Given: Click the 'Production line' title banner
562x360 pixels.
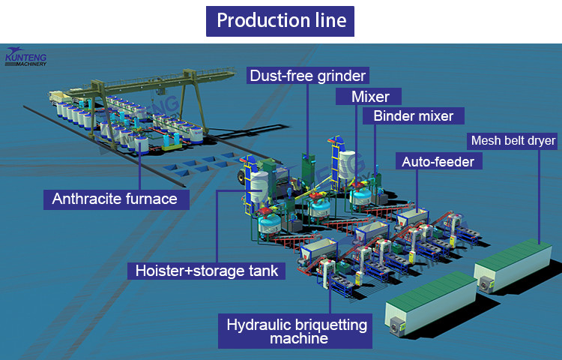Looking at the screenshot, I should (x=281, y=20).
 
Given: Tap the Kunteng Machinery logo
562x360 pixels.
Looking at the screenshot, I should (x=26, y=57).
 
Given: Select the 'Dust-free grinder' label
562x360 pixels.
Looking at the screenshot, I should (x=308, y=75).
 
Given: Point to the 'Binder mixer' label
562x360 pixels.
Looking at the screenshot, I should (x=414, y=116).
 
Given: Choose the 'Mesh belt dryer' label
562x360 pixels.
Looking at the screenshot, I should (x=513, y=140).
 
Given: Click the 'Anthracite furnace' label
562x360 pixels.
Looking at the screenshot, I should (x=115, y=199).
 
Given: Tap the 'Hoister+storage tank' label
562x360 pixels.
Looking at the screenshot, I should (x=206, y=271).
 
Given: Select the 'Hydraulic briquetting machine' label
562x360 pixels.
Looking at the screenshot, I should (x=297, y=331).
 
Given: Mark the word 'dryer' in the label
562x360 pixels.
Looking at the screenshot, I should (x=540, y=140).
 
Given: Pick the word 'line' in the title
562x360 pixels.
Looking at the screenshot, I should (x=328, y=20).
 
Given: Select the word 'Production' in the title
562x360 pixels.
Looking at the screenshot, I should (x=259, y=20).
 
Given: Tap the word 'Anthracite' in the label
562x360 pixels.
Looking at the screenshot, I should (x=88, y=199).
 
